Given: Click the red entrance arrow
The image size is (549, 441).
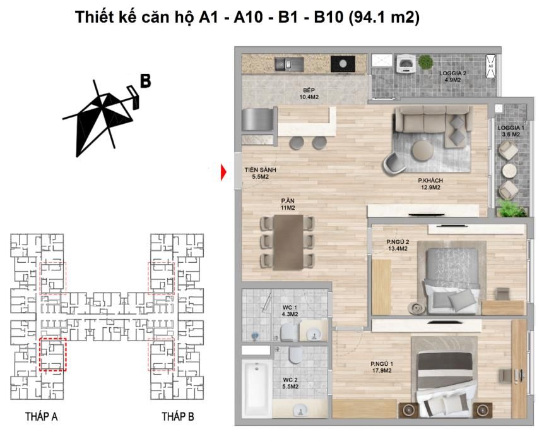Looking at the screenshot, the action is pyautogui.click(x=223, y=172).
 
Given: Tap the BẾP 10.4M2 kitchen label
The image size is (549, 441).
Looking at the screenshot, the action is pyautogui.click(x=309, y=94).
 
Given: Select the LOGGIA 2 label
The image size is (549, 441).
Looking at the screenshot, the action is pyautogui.click(x=452, y=73).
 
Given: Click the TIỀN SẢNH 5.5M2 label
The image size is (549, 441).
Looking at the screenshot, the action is pyautogui.click(x=261, y=173).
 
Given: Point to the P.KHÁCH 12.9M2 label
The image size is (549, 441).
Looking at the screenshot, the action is pyautogui.click(x=430, y=184).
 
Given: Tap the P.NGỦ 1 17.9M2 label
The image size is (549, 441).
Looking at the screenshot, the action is pyautogui.click(x=382, y=367).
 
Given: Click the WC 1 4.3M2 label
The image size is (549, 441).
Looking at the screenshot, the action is pyautogui.click(x=290, y=311).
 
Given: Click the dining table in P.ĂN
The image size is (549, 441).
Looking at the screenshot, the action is pyautogui.click(x=288, y=242).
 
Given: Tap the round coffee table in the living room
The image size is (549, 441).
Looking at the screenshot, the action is pyautogui.click(x=423, y=150).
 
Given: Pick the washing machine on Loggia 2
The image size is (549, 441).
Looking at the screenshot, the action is pyautogui.click(x=406, y=63).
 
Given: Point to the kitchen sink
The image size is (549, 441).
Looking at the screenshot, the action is pyautogui.click(x=289, y=64).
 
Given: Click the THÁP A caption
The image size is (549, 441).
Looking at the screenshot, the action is pyautogui.click(x=41, y=416).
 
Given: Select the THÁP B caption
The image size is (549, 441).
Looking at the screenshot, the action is pyautogui.click(x=177, y=416).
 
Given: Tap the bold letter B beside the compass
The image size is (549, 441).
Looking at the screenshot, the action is pyautogui.click(x=145, y=81).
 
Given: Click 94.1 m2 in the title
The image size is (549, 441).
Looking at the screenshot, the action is pyautogui.click(x=384, y=17).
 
